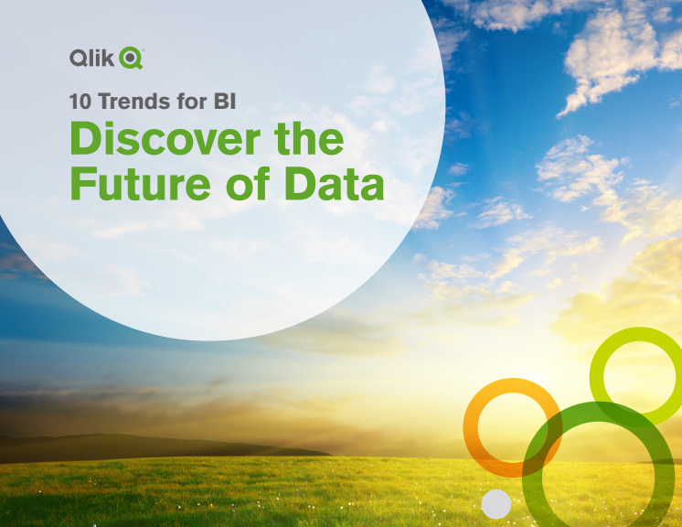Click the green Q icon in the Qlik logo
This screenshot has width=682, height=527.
point(131,58)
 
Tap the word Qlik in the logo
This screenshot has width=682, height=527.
point(91,58)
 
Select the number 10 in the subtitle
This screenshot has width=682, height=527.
point(80,102)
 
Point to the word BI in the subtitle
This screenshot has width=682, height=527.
point(225,102)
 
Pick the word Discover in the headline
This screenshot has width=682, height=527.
point(165,138)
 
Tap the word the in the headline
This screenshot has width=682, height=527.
point(309,138)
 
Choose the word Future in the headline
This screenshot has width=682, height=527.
point(141,183)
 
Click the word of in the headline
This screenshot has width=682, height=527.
point(248,183)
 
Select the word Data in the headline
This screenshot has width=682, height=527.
point(335,183)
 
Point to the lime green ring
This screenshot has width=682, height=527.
point(596,377)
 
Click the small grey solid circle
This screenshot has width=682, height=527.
point(496,504)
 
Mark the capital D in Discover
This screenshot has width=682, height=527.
point(86,138)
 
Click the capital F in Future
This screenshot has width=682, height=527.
point(82,183)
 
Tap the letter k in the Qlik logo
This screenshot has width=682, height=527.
point(109,58)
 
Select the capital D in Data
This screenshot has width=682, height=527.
point(301,183)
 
